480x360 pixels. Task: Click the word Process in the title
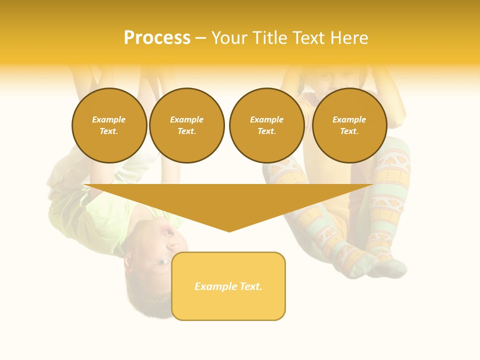click(157, 38)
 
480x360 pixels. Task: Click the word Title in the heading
click(271, 38)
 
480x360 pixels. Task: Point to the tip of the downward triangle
click(229, 230)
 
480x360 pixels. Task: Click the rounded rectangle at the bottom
click(228, 305)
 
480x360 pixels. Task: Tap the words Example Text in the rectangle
click(228, 286)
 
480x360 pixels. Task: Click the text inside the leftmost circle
click(109, 125)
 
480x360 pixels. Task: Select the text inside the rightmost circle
click(349, 125)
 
